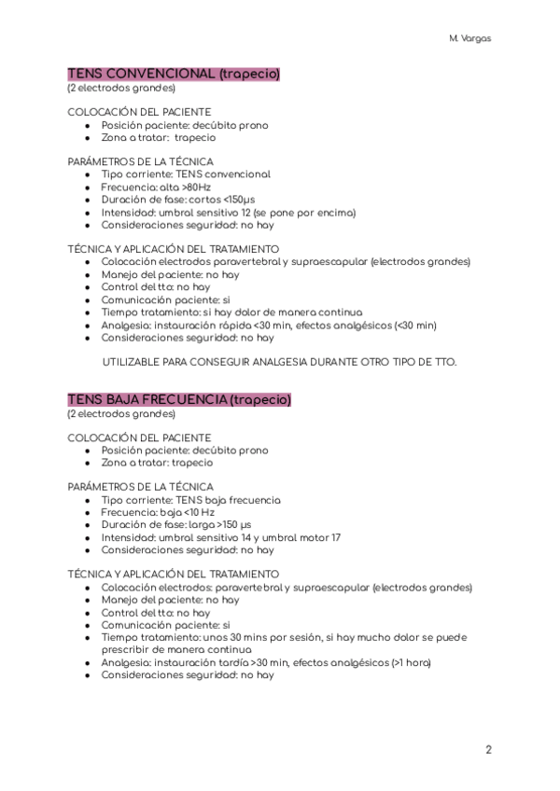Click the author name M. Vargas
470,39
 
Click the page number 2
488,749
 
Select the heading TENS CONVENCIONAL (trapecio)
174,74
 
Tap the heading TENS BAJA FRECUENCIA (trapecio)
179,399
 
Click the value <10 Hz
194,512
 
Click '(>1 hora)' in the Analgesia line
411,662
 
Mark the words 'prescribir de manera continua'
176,649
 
